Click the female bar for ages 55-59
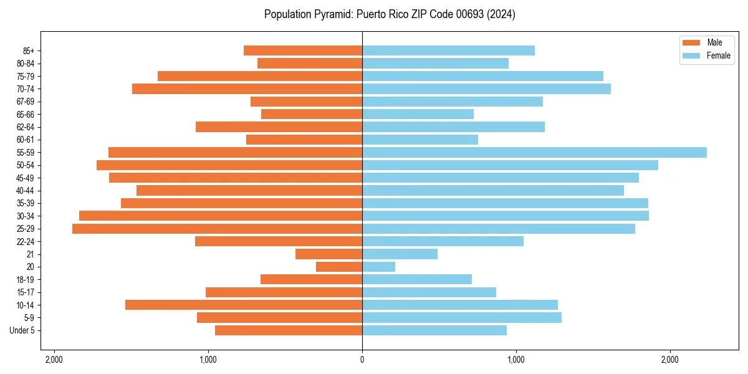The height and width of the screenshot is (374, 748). click(534, 153)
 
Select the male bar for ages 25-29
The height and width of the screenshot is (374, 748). click(217, 229)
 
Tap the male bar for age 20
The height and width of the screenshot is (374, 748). click(339, 267)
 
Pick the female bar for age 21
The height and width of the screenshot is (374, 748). click(400, 254)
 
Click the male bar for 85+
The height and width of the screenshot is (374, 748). click(303, 50)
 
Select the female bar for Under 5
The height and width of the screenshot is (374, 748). click(434, 330)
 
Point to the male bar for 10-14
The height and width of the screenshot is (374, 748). click(244, 305)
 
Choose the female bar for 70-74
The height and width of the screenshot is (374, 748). click(486, 89)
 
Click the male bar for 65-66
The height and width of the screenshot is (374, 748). click(312, 114)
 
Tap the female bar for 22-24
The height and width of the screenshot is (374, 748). click(443, 241)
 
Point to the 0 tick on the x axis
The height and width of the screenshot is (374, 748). click(362, 360)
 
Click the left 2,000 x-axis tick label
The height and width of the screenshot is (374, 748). click(54, 360)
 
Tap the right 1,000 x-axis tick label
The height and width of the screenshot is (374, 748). click(516, 360)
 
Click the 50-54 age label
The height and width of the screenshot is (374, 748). click(26, 165)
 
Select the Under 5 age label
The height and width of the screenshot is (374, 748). click(22, 330)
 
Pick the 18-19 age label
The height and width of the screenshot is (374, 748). click(26, 280)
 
